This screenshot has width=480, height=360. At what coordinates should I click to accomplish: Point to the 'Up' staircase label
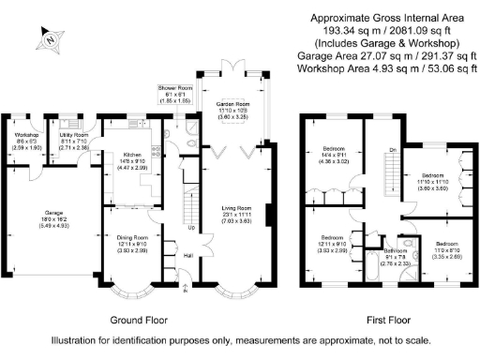tap(192, 227)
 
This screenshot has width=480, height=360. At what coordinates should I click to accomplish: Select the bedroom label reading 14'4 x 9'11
tap(335, 149)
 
